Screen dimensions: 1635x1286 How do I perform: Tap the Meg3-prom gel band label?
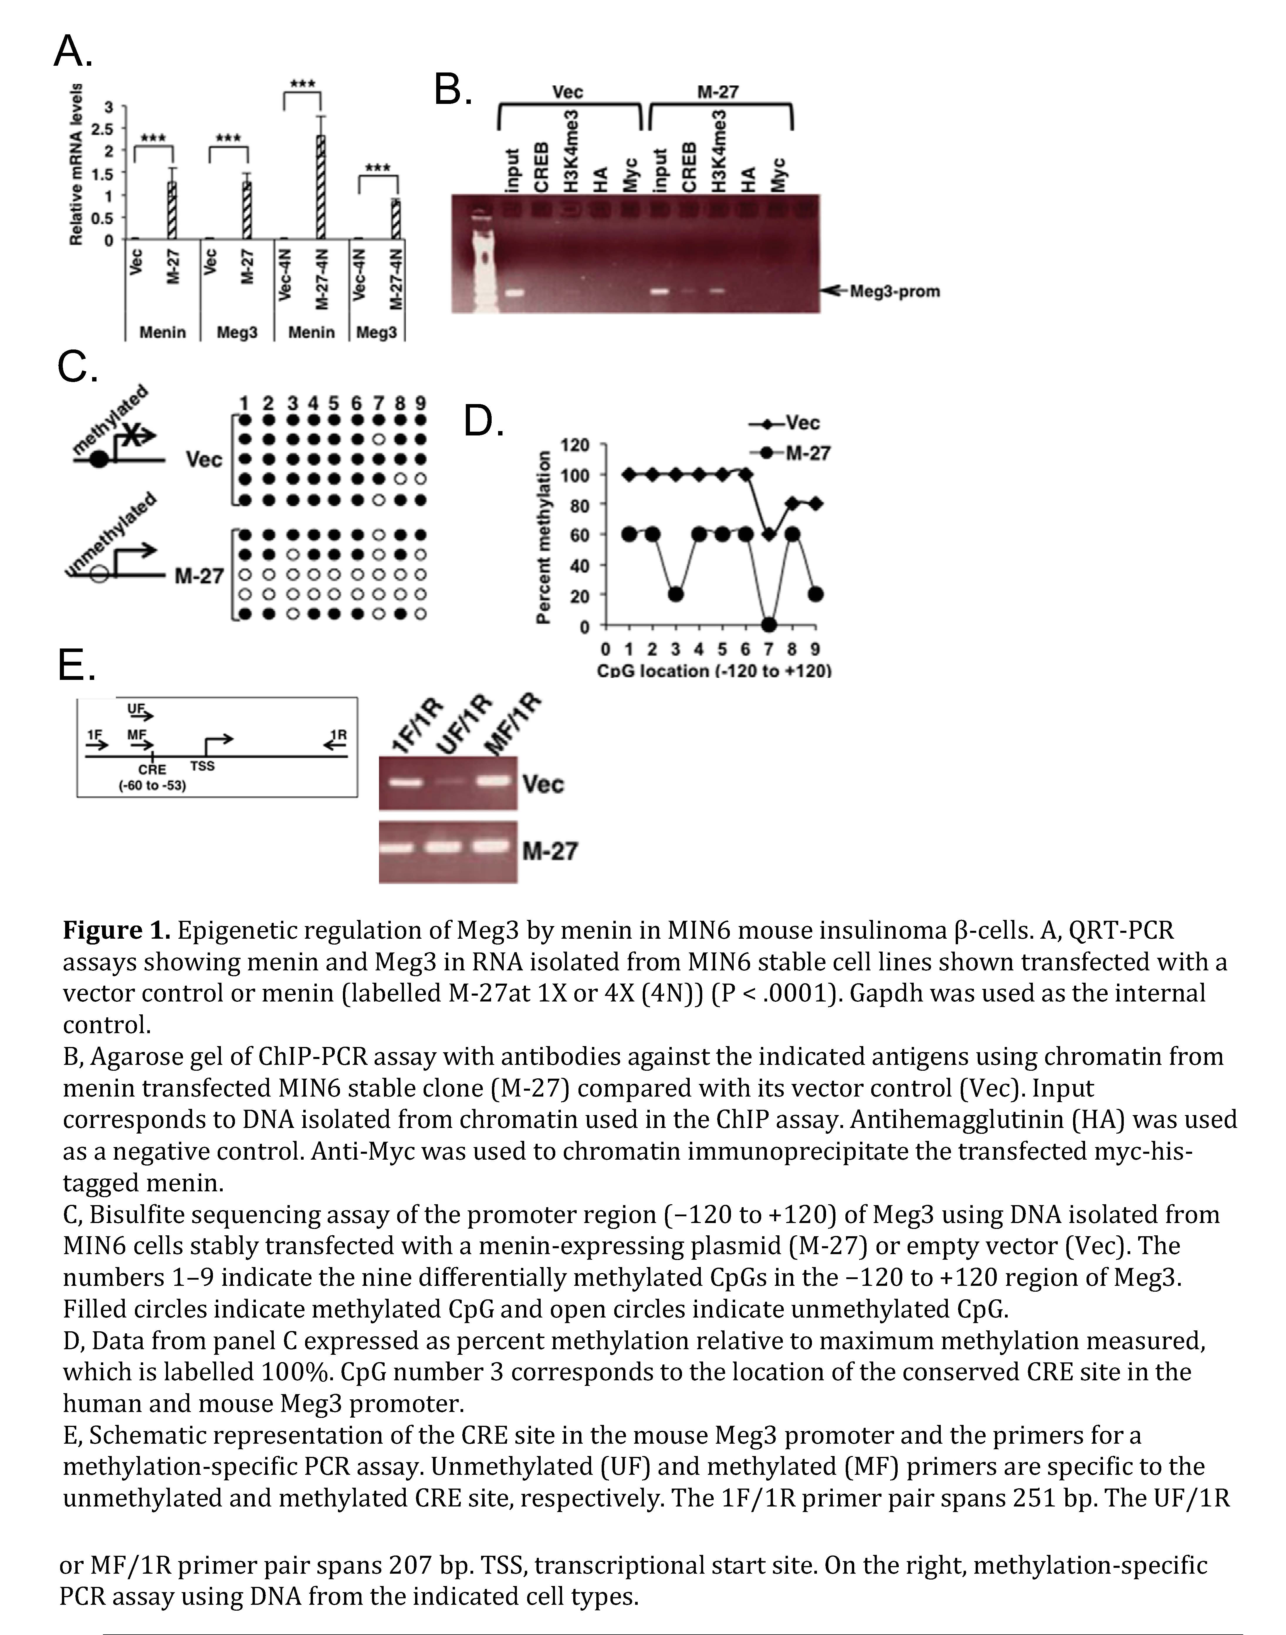(894, 291)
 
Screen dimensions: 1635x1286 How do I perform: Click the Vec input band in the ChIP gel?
(514, 293)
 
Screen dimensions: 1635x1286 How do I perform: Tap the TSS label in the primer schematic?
(202, 766)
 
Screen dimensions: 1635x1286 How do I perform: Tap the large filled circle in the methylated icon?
(99, 460)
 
